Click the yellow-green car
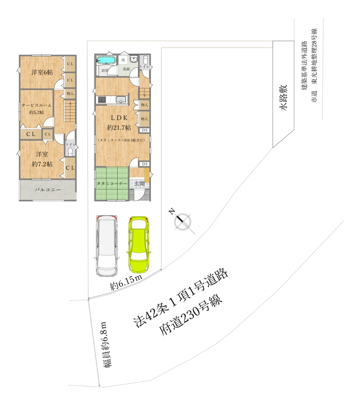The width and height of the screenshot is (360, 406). (x=139, y=244)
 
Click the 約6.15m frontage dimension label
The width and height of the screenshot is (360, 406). (x=125, y=284)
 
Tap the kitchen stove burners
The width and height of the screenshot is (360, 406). (x=101, y=99)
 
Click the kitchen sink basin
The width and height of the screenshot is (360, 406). (x=121, y=99)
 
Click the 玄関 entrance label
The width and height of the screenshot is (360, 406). (x=140, y=183)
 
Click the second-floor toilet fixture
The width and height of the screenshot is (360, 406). (x=71, y=151)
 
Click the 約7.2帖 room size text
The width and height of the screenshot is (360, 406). (x=42, y=163)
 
